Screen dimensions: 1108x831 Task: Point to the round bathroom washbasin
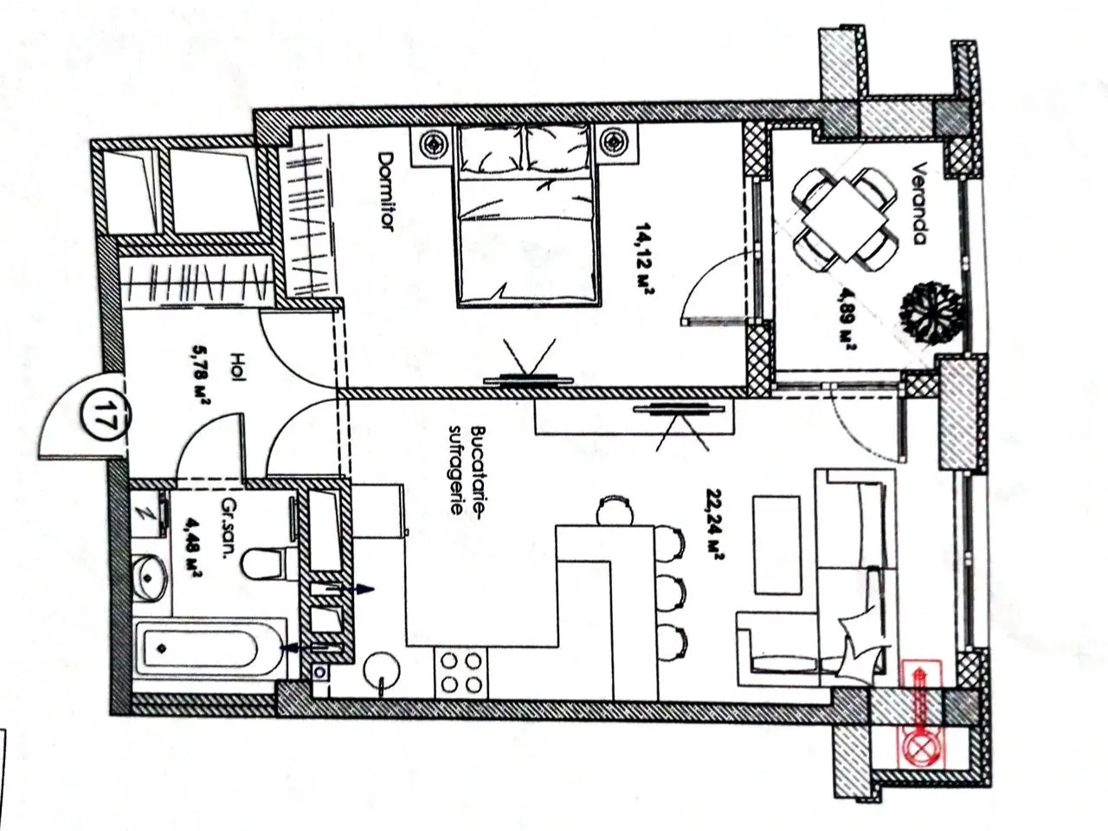click(x=150, y=577)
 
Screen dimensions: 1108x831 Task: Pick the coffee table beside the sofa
click(x=776, y=545)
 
